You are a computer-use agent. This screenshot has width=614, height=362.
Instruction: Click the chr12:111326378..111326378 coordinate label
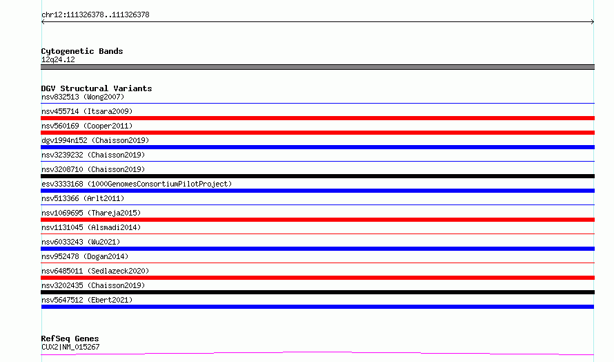tap(95, 15)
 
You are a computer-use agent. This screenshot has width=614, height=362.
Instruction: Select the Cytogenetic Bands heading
tap(82, 51)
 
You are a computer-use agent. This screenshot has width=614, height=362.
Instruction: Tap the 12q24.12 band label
tap(58, 59)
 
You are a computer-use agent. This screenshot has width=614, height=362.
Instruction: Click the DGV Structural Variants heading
tap(97, 88)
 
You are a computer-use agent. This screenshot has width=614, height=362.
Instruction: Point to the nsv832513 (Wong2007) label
tap(83, 97)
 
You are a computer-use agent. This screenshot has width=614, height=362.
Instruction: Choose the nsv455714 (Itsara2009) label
tap(87, 111)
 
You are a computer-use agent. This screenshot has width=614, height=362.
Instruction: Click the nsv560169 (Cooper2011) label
tap(87, 126)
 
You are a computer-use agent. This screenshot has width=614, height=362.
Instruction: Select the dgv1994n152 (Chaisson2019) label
tap(95, 140)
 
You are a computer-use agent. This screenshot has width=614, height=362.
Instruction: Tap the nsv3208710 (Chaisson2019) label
tap(93, 169)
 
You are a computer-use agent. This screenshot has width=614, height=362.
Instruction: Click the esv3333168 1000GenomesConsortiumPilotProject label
tap(137, 184)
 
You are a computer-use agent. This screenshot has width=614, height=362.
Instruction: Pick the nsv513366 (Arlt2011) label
tap(83, 198)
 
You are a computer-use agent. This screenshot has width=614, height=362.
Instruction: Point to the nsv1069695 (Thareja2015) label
tap(91, 213)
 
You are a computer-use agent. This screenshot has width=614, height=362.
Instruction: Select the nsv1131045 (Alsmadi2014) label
tap(91, 227)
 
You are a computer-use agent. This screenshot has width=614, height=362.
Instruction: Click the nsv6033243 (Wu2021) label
tap(81, 242)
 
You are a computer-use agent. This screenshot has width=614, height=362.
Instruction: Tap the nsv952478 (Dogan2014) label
tap(85, 256)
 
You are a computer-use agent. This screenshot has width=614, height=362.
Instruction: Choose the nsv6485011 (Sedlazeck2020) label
tap(95, 271)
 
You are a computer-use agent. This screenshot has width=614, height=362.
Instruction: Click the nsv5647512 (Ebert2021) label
tap(87, 300)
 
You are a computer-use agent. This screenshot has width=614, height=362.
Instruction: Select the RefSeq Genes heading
tap(70, 339)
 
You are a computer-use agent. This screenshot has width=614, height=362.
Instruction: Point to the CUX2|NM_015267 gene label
tap(70, 347)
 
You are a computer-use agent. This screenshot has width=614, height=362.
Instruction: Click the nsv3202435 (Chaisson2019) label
tap(93, 285)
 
